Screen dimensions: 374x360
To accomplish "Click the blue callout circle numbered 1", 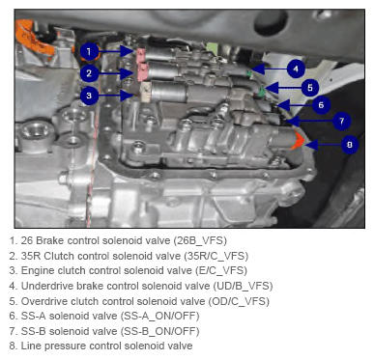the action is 89,51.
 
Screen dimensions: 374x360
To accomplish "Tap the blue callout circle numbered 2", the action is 89,73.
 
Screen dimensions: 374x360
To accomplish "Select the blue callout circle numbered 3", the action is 89,96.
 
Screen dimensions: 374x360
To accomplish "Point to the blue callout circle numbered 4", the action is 296,69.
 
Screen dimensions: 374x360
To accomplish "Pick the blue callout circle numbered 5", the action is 309,88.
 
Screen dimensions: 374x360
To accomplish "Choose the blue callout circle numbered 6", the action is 321,105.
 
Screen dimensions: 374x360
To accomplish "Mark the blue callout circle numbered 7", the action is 341,122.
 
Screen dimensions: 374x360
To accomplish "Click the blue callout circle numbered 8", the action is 349,145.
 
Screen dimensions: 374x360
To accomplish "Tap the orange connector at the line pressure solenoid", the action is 297,141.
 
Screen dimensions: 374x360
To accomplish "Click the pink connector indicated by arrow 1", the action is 141,55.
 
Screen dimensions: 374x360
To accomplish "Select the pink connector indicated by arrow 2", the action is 142,72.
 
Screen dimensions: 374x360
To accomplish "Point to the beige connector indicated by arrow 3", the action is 146,92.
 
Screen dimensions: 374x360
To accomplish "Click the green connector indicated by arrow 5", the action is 262,93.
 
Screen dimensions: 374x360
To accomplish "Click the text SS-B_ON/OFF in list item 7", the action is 159,331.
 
